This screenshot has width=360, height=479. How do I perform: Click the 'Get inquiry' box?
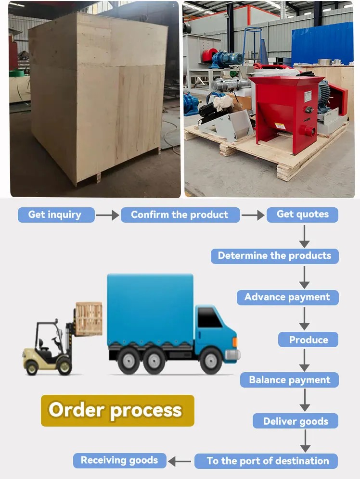point(56,214)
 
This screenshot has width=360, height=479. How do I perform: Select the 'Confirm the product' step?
point(180,214)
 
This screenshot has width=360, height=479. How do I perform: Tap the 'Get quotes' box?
point(302,214)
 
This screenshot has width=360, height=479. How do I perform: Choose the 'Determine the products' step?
point(274,256)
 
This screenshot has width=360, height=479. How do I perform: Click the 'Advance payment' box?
point(287,297)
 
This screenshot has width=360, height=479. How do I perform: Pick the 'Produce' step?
point(308,340)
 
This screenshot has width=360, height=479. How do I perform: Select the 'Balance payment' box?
point(289,380)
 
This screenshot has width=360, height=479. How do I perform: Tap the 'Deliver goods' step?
point(295,421)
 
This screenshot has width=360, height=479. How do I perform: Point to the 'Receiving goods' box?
point(119,460)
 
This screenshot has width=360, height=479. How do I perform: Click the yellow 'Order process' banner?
point(117,410)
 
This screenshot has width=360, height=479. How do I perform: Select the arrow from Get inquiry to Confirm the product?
point(107,215)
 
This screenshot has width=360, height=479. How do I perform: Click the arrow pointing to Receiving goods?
point(180,461)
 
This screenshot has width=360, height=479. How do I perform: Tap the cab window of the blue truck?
point(210,318)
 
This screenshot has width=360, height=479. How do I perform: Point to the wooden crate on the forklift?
point(89,318)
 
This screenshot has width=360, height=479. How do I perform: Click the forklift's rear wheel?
point(32,367)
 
